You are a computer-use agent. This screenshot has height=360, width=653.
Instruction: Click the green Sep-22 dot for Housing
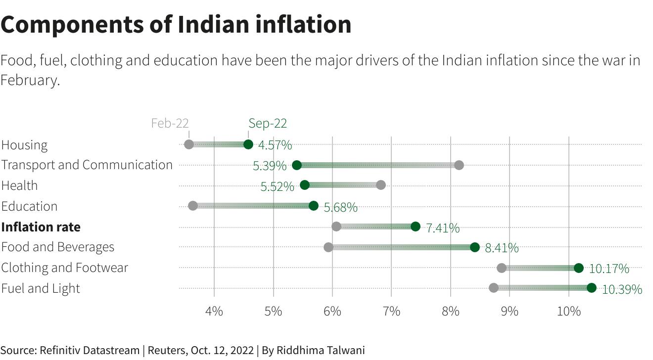(x=248, y=144)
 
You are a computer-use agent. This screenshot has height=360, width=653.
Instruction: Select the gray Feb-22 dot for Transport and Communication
(x=459, y=165)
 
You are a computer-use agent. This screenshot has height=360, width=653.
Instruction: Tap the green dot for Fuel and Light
(x=592, y=288)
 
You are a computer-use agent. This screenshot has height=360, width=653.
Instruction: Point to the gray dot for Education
(x=193, y=206)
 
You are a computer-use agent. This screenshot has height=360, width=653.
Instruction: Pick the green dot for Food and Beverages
(x=475, y=247)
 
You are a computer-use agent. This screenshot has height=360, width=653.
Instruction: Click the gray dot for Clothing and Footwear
(x=502, y=268)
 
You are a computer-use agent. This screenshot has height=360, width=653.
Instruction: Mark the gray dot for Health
(x=380, y=185)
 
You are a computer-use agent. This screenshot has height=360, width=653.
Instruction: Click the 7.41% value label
(x=443, y=228)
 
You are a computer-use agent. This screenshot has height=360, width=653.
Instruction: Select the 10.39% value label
(x=622, y=289)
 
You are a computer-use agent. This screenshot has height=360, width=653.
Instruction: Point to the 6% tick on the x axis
(x=332, y=312)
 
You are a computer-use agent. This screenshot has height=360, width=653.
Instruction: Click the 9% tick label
(x=510, y=312)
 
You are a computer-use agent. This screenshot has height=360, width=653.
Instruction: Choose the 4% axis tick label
(x=214, y=312)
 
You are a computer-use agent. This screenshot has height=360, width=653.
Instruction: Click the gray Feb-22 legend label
(x=170, y=123)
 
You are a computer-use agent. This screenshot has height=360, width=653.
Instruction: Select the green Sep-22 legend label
(x=268, y=123)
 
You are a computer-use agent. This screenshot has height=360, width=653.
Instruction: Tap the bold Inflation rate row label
(x=41, y=227)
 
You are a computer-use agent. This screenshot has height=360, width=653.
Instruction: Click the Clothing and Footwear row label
(x=64, y=268)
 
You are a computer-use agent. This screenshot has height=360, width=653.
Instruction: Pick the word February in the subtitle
(x=30, y=80)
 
